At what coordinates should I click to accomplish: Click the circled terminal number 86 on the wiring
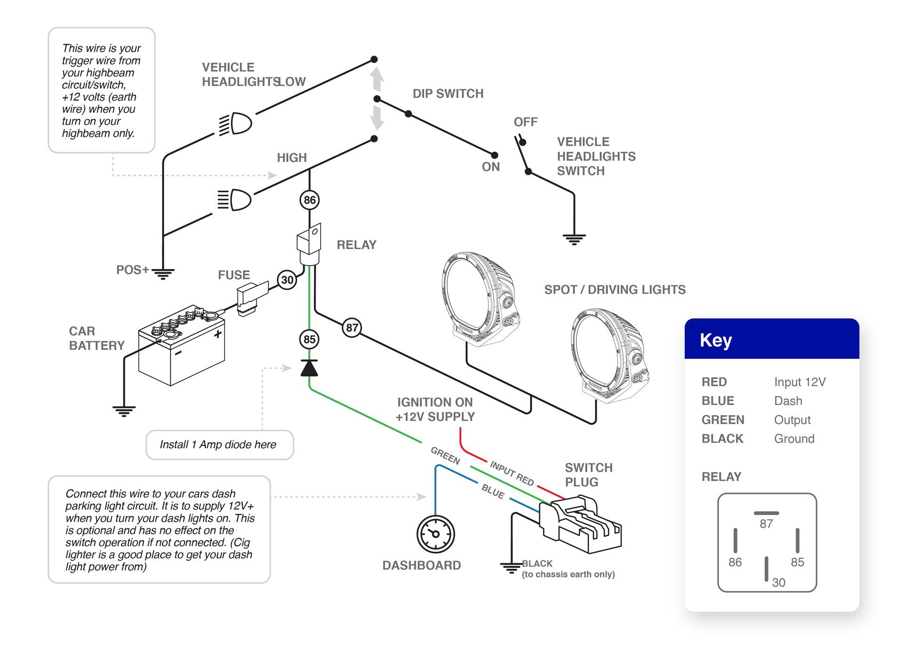click(x=309, y=200)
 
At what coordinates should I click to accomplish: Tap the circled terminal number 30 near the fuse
click(x=287, y=280)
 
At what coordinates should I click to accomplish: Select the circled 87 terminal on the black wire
click(x=352, y=328)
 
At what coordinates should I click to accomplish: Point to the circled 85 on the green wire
click(x=309, y=340)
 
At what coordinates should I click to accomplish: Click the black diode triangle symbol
click(x=309, y=368)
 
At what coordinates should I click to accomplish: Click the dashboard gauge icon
click(x=436, y=534)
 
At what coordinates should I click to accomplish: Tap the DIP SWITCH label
click(x=448, y=94)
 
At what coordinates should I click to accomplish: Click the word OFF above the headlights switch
click(x=525, y=122)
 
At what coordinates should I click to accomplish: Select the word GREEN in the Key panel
click(x=722, y=420)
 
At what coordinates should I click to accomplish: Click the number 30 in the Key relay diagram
click(x=778, y=582)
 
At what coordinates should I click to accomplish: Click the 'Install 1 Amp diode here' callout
click(x=219, y=445)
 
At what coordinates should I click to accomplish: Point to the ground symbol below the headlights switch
click(x=574, y=239)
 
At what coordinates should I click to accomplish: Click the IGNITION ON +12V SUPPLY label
click(x=435, y=410)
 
